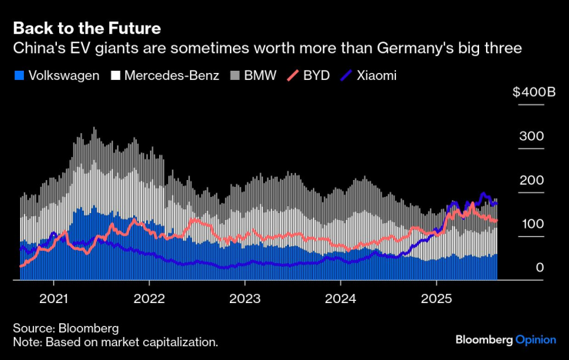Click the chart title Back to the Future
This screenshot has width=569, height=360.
pyautogui.click(x=86, y=28)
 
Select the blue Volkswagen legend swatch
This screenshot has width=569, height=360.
pyautogui.click(x=18, y=76)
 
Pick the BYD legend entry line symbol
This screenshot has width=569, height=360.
pyautogui.click(x=294, y=76)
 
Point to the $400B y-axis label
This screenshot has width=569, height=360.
pyautogui.click(x=534, y=92)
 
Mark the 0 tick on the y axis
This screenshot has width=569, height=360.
pyautogui.click(x=540, y=268)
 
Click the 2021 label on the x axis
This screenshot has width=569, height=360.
pyautogui.click(x=55, y=298)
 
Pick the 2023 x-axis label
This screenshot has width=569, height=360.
pyautogui.click(x=245, y=298)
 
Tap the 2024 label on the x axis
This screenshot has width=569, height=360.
pyautogui.click(x=341, y=298)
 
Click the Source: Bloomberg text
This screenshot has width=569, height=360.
pyautogui.click(x=65, y=328)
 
